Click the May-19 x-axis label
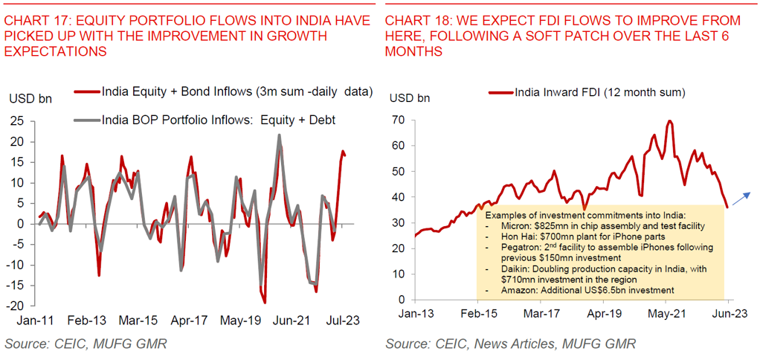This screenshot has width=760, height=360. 239,321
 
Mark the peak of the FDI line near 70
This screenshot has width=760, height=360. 670,121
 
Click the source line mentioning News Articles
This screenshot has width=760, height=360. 510,344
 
